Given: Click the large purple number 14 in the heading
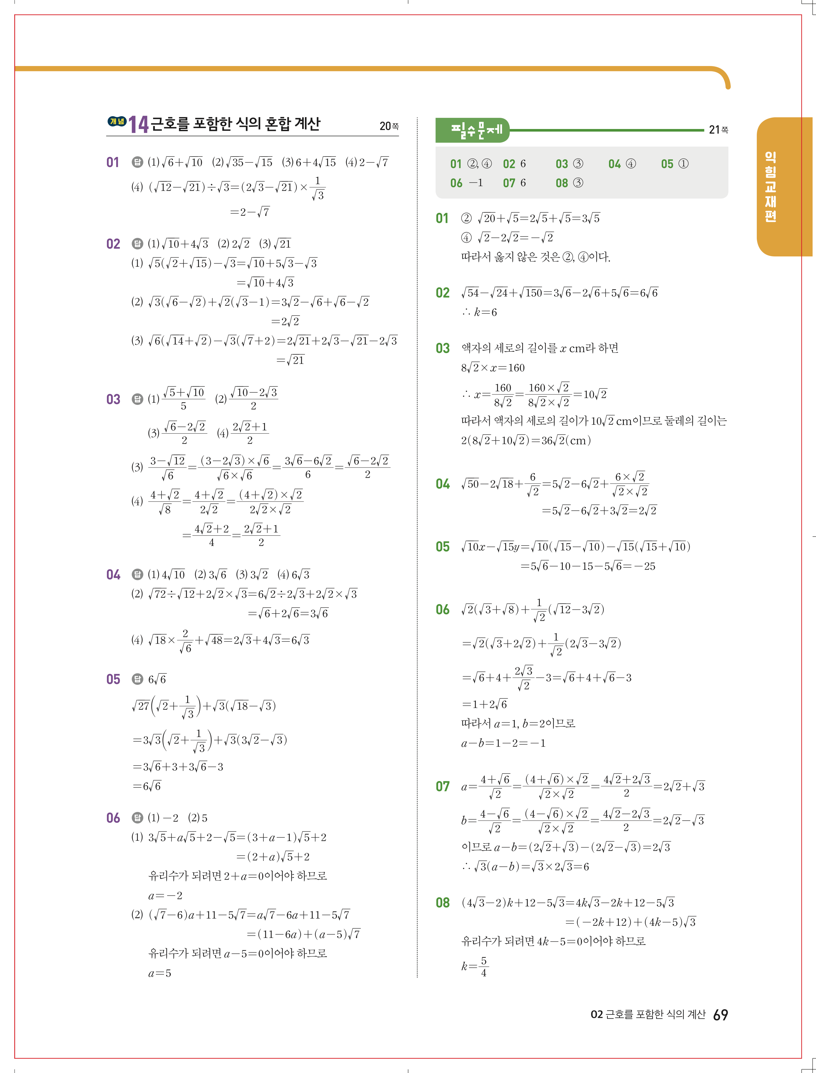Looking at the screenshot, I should pyautogui.click(x=139, y=124).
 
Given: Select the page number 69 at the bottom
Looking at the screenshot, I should pyautogui.click(x=720, y=1015).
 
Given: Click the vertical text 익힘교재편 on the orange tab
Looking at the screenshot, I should pyautogui.click(x=770, y=187).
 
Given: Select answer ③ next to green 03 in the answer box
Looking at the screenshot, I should pyautogui.click(x=578, y=164).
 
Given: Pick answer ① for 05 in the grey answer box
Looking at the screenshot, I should pyautogui.click(x=683, y=164).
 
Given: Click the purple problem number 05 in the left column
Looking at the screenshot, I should pyautogui.click(x=113, y=679).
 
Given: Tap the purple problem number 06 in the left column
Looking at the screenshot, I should pyautogui.click(x=113, y=818).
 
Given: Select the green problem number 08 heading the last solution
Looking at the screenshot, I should pyautogui.click(x=443, y=903).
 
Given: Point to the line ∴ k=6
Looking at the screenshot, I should pyautogui.click(x=479, y=313).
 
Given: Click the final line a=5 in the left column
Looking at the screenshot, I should pyautogui.click(x=159, y=973).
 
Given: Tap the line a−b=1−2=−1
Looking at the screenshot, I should pyautogui.click(x=503, y=743).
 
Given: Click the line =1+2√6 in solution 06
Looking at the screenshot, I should pyautogui.click(x=484, y=704).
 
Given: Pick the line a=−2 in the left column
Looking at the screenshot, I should pyautogui.click(x=165, y=896).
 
